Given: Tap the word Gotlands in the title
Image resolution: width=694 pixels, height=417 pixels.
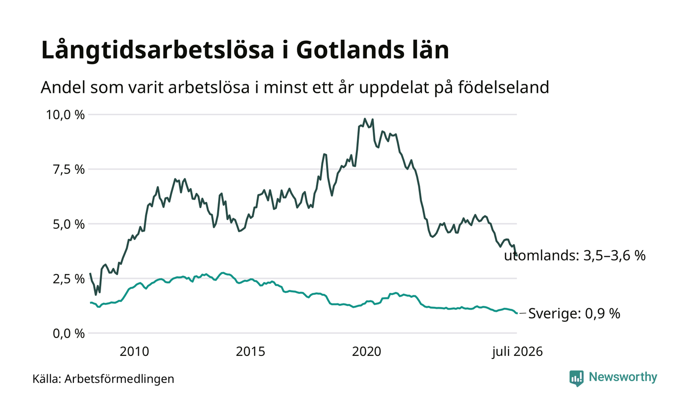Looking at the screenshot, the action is (350, 50).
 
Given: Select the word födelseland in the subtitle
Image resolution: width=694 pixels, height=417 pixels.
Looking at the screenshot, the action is (504, 87).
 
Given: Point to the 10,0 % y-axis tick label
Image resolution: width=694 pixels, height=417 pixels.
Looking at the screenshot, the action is (65, 115).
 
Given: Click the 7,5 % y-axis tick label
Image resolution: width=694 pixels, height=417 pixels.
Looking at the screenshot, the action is (69, 170).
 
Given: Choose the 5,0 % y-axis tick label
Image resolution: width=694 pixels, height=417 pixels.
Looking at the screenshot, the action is (69, 224).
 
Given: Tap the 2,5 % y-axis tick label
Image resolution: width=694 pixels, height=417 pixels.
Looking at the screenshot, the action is (69, 279).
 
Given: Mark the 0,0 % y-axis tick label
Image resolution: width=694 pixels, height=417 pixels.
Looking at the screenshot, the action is (69, 334).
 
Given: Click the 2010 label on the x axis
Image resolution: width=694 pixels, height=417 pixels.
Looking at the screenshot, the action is (134, 351).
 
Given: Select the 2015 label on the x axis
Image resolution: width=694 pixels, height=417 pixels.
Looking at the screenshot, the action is (251, 351).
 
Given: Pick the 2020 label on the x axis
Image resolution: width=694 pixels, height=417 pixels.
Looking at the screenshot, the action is (367, 351).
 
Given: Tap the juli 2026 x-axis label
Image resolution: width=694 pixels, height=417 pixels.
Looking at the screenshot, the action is (518, 352).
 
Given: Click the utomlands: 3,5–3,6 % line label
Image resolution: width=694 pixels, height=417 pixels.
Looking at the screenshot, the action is (575, 256).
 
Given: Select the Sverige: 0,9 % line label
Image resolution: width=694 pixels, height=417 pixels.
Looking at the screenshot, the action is (574, 313).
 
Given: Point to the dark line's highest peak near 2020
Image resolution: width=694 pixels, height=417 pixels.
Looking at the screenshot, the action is (365, 119).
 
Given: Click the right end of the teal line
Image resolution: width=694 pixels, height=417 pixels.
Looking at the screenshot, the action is (517, 313).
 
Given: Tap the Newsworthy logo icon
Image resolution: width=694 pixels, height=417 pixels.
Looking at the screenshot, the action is (577, 378).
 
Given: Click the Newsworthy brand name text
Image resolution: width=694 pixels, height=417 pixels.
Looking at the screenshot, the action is (623, 377).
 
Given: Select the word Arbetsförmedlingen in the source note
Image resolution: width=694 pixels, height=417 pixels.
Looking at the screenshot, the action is (119, 379).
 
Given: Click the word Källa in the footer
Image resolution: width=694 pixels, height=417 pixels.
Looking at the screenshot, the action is (47, 379).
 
